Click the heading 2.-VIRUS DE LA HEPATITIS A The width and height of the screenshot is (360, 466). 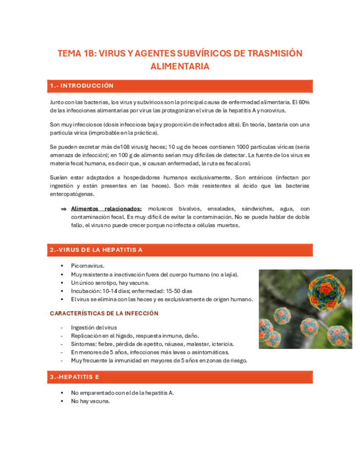point(96,250)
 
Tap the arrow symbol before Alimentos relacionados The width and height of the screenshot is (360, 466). point(64,209)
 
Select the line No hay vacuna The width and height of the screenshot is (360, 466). point(91,401)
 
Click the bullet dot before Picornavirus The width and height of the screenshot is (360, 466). point(64,265)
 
